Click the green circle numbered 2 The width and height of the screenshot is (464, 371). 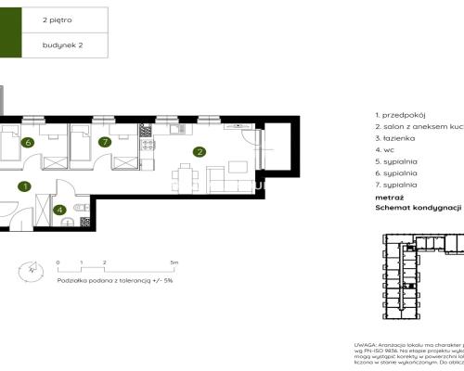[199, 151]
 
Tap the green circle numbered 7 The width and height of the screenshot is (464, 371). [106, 142]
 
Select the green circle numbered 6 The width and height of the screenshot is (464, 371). [29, 142]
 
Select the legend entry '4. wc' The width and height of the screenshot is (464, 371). [386, 148]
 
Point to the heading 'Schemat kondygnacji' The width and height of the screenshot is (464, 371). [418, 209]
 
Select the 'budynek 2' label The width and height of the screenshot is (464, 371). [62, 44]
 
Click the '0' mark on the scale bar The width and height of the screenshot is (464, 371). [58, 262]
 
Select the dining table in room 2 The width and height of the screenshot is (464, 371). [186, 173]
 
